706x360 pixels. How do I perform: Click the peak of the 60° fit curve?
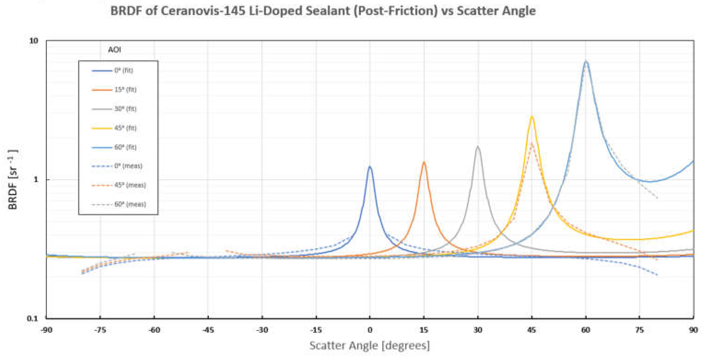coord(586,61)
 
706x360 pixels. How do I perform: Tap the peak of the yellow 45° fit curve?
coord(532,117)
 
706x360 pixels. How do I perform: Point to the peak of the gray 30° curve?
coord(478,147)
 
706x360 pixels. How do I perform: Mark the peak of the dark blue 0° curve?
coord(370,167)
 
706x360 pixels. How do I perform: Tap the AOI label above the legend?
coord(114,50)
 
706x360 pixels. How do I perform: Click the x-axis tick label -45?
coord(208,330)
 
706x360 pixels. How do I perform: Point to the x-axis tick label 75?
coord(639,330)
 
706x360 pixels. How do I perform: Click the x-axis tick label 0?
coord(370,330)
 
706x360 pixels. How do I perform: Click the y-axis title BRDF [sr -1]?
coord(13,180)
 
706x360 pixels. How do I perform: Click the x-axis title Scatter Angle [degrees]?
coord(369,345)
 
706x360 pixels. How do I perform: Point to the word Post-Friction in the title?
coord(396,11)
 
